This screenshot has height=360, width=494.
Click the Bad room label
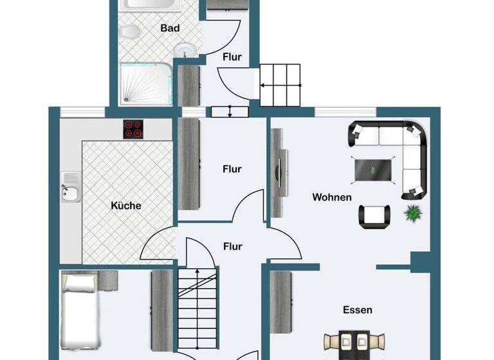[x=170, y=28]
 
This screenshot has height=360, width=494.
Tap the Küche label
[x=126, y=206]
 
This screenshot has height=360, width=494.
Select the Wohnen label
[x=332, y=197]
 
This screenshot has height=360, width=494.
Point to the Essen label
[x=357, y=310]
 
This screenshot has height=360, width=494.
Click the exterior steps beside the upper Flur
[x=280, y=84]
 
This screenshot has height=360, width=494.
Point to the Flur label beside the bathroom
[x=232, y=57]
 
